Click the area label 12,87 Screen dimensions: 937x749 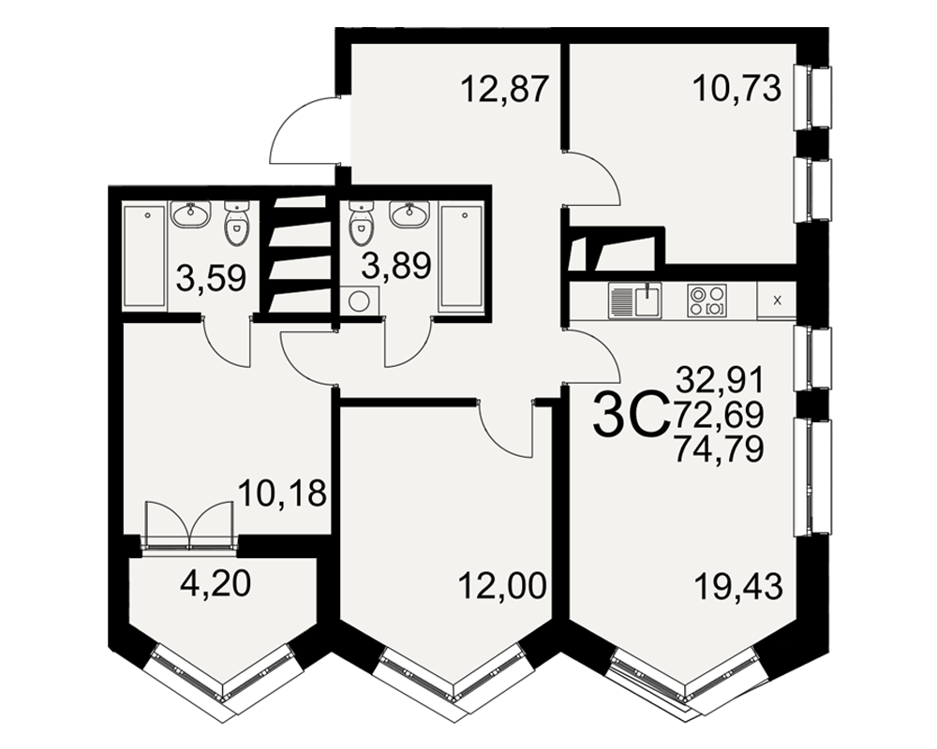coord(504,90)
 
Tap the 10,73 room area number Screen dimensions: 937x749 coord(736,90)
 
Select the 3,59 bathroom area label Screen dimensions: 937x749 coord(212,278)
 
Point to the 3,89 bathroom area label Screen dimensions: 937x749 coord(396,266)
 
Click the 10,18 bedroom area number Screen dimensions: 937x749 coord(282,494)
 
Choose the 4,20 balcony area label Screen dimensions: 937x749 coord(216,585)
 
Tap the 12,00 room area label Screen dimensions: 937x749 coord(502,586)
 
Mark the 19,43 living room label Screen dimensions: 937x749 coord(738,587)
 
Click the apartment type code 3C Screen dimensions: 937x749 coord(630,413)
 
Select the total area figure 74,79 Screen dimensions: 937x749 coord(719,449)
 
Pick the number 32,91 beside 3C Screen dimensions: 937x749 coord(720,379)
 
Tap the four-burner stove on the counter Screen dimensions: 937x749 coord(706,301)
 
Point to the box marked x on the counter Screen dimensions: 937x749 coord(777,301)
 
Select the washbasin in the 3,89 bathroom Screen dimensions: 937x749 coord(409,213)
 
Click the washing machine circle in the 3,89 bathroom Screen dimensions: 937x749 coord(359,301)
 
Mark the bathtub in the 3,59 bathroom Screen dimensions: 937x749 coord(144,256)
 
